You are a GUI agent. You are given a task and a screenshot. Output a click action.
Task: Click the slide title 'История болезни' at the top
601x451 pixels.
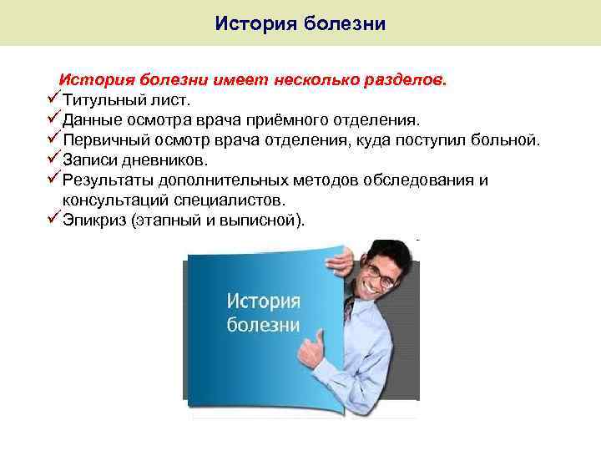300,23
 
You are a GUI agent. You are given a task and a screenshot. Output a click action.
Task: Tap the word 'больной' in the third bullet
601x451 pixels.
504,140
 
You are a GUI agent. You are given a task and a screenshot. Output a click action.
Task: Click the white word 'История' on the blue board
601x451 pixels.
264,300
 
